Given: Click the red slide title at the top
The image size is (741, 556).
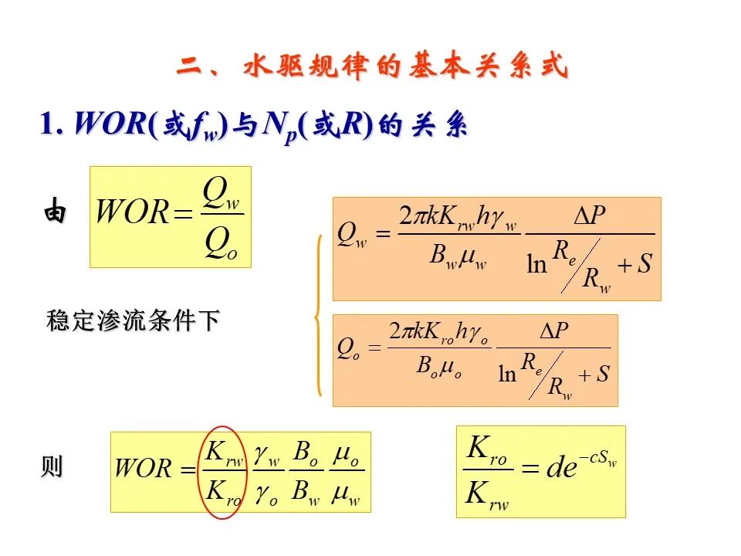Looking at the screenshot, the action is [x=372, y=65].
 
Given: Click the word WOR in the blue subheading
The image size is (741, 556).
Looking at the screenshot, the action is [x=110, y=124].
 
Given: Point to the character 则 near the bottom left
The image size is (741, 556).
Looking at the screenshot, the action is [x=52, y=466].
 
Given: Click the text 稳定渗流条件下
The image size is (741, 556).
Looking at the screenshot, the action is [x=134, y=320].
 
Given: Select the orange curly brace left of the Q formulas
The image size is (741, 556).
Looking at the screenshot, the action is [x=319, y=315].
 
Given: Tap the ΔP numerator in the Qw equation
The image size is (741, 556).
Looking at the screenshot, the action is [x=590, y=215].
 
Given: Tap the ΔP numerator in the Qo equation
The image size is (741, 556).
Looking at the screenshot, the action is [x=554, y=331].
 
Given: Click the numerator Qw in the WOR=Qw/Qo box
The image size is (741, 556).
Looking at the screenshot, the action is [x=221, y=194].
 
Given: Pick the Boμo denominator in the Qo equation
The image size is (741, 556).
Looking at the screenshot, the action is [x=439, y=367].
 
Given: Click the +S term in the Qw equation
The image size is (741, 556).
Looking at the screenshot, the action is [x=634, y=264].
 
